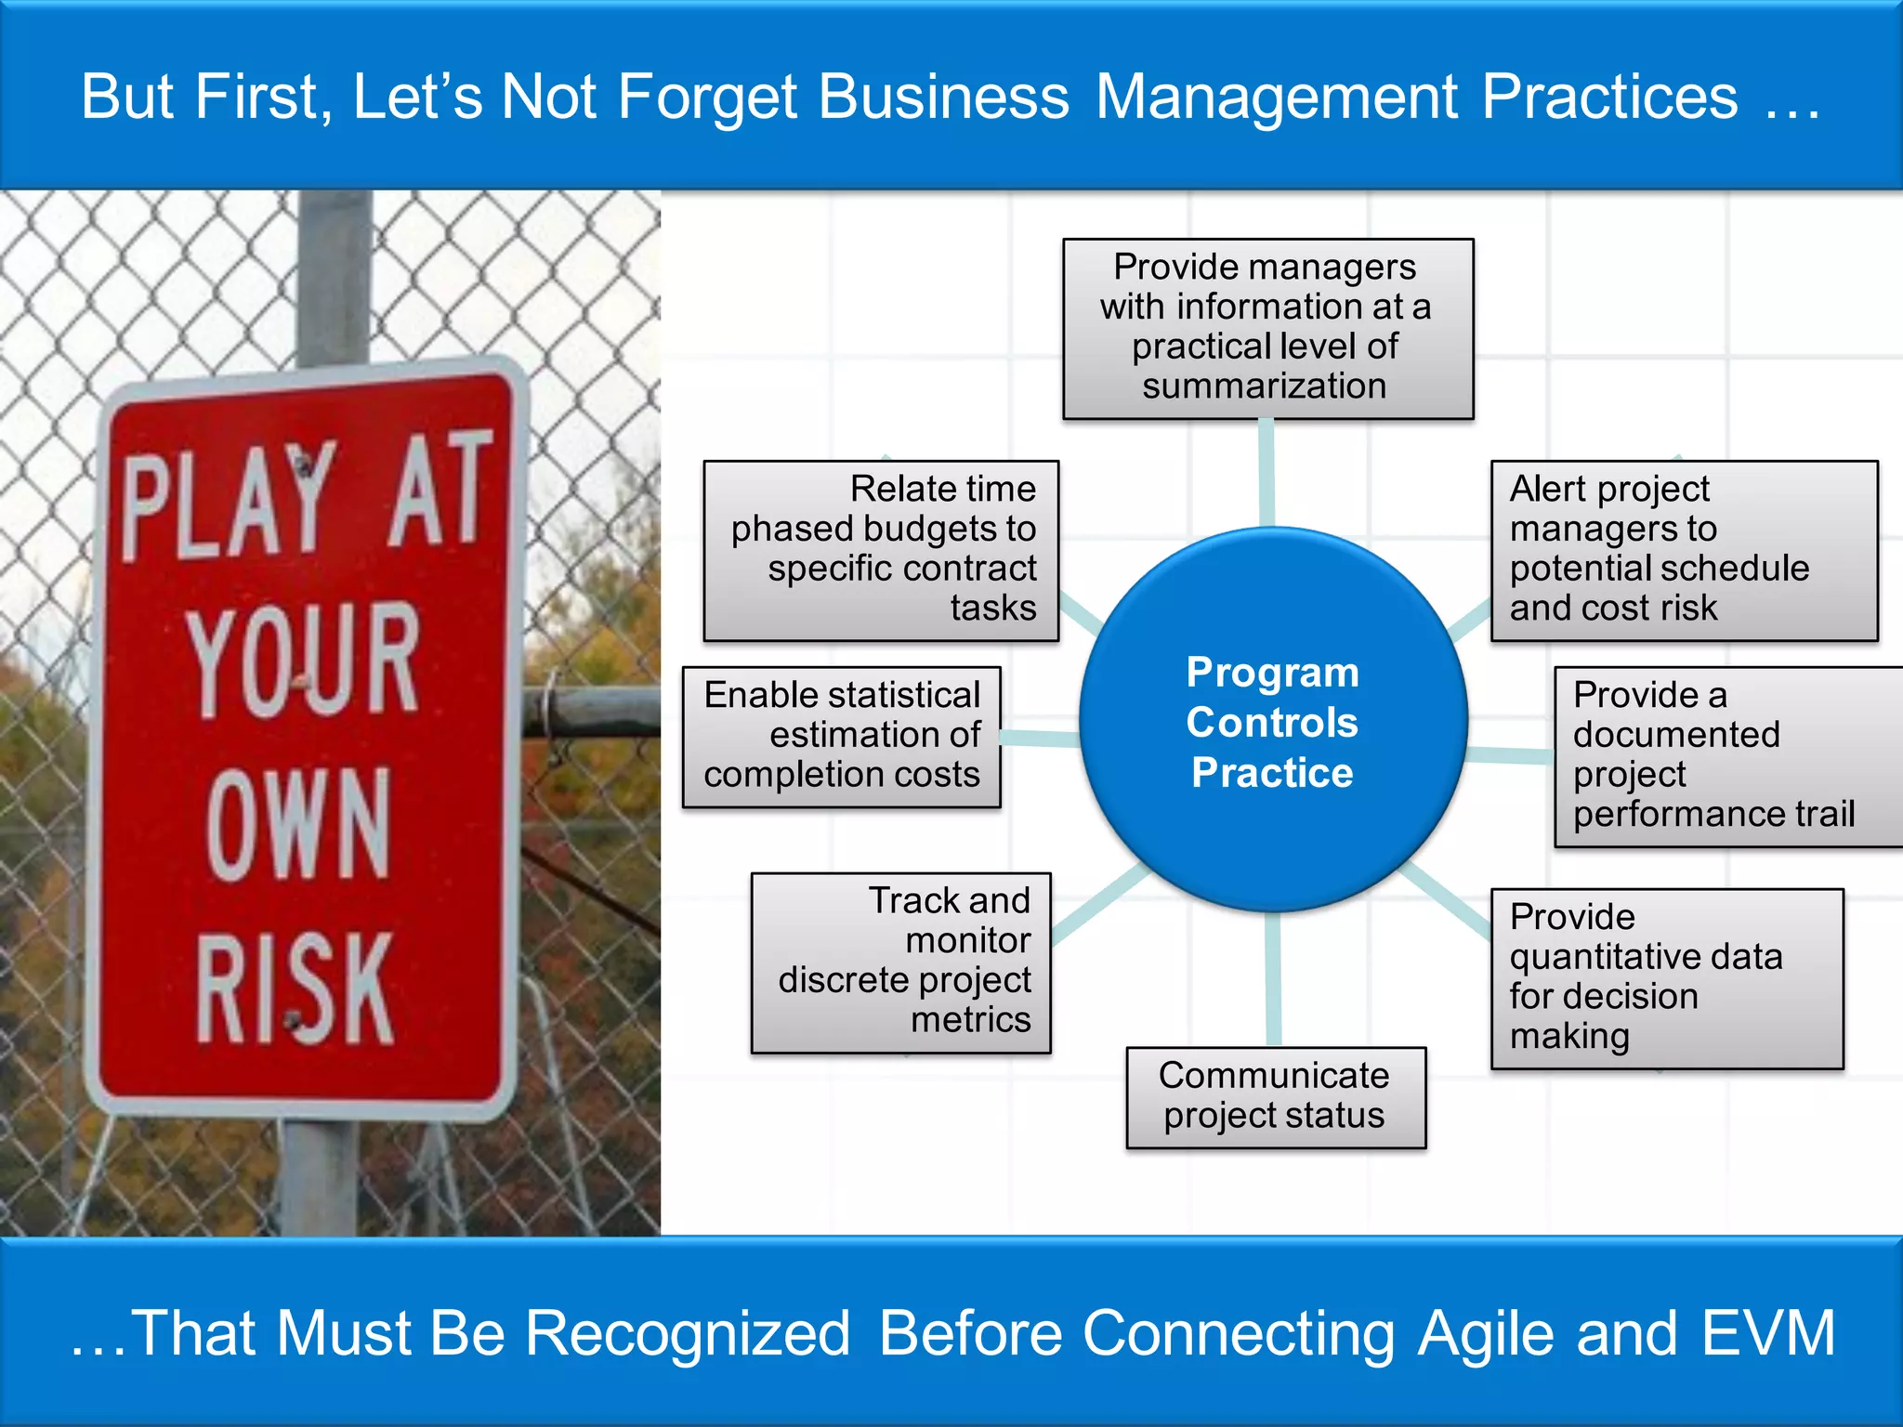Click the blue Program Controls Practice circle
click(x=1272, y=720)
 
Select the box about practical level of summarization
click(x=1267, y=328)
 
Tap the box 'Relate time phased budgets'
click(x=881, y=550)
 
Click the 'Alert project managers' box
click(x=1683, y=550)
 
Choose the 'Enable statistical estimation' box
click(x=841, y=736)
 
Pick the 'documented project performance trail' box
click(x=1726, y=755)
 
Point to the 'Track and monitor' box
click(x=900, y=962)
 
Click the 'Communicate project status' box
click(x=1275, y=1096)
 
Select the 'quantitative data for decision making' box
click(x=1666, y=978)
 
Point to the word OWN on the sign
click(x=297, y=824)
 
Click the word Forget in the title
click(x=707, y=97)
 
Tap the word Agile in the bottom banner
click(x=1486, y=1333)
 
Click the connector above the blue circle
click(x=1266, y=472)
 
